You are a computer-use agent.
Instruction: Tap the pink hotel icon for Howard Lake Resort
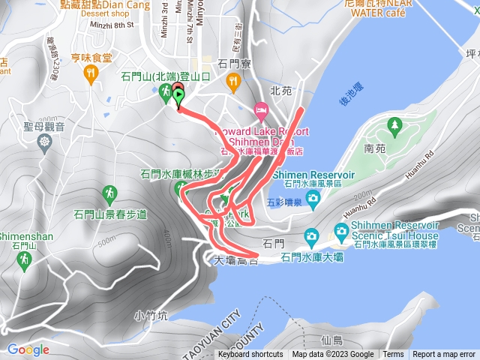point(261,112)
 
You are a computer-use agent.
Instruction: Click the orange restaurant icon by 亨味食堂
point(92,73)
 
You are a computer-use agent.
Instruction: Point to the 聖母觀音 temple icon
point(46,141)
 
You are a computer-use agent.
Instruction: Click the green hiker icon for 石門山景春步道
point(110,193)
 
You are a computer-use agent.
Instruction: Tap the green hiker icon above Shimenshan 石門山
point(24,259)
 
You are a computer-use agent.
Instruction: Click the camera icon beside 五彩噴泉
point(312,197)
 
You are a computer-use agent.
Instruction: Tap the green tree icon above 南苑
point(393,124)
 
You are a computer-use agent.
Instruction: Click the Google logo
point(28,349)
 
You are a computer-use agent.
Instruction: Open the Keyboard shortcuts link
point(250,355)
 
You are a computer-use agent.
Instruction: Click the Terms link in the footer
point(393,355)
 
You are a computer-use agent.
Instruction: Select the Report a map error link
point(444,355)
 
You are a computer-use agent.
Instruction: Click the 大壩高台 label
point(235,262)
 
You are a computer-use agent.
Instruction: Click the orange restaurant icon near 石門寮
point(235,81)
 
